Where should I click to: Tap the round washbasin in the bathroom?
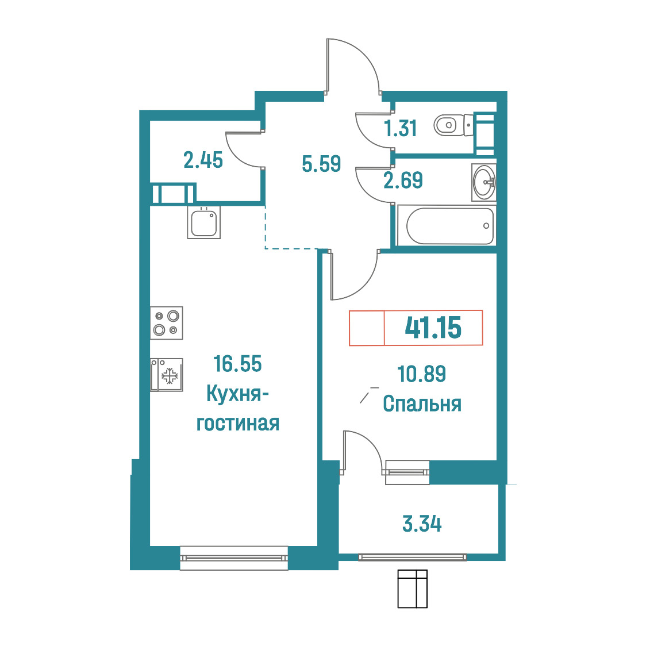tap(484, 182)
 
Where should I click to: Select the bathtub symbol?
tap(449, 226)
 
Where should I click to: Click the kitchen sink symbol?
tap(204, 222)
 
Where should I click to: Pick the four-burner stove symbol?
tap(167, 323)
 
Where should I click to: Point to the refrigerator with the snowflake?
tap(167, 375)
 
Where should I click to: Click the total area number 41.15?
tap(433, 328)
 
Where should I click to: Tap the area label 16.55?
tap(237, 364)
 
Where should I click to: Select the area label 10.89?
tap(421, 374)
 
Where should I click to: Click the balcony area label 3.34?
tap(422, 524)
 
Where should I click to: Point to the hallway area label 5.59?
tap(321, 164)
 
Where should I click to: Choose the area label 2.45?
tap(203, 160)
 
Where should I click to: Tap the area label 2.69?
tap(403, 180)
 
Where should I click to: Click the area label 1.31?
tap(401, 128)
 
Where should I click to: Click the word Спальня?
tap(422, 404)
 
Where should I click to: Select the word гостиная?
tap(238, 424)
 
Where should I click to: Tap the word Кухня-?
tap(237, 394)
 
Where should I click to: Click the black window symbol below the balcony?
tap(413, 589)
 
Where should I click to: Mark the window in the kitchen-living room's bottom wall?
tap(234, 558)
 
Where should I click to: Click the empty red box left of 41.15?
tap(367, 328)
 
